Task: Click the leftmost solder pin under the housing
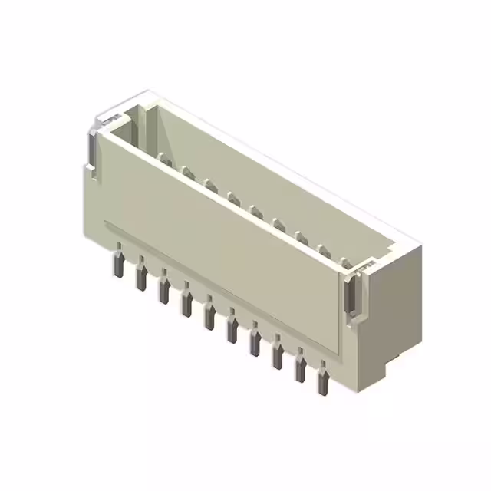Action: tap(119, 260)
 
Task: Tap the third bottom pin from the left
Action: tap(163, 289)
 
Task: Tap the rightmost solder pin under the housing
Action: tap(323, 382)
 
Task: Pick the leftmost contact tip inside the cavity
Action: tap(163, 158)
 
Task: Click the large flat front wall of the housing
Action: tap(222, 230)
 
